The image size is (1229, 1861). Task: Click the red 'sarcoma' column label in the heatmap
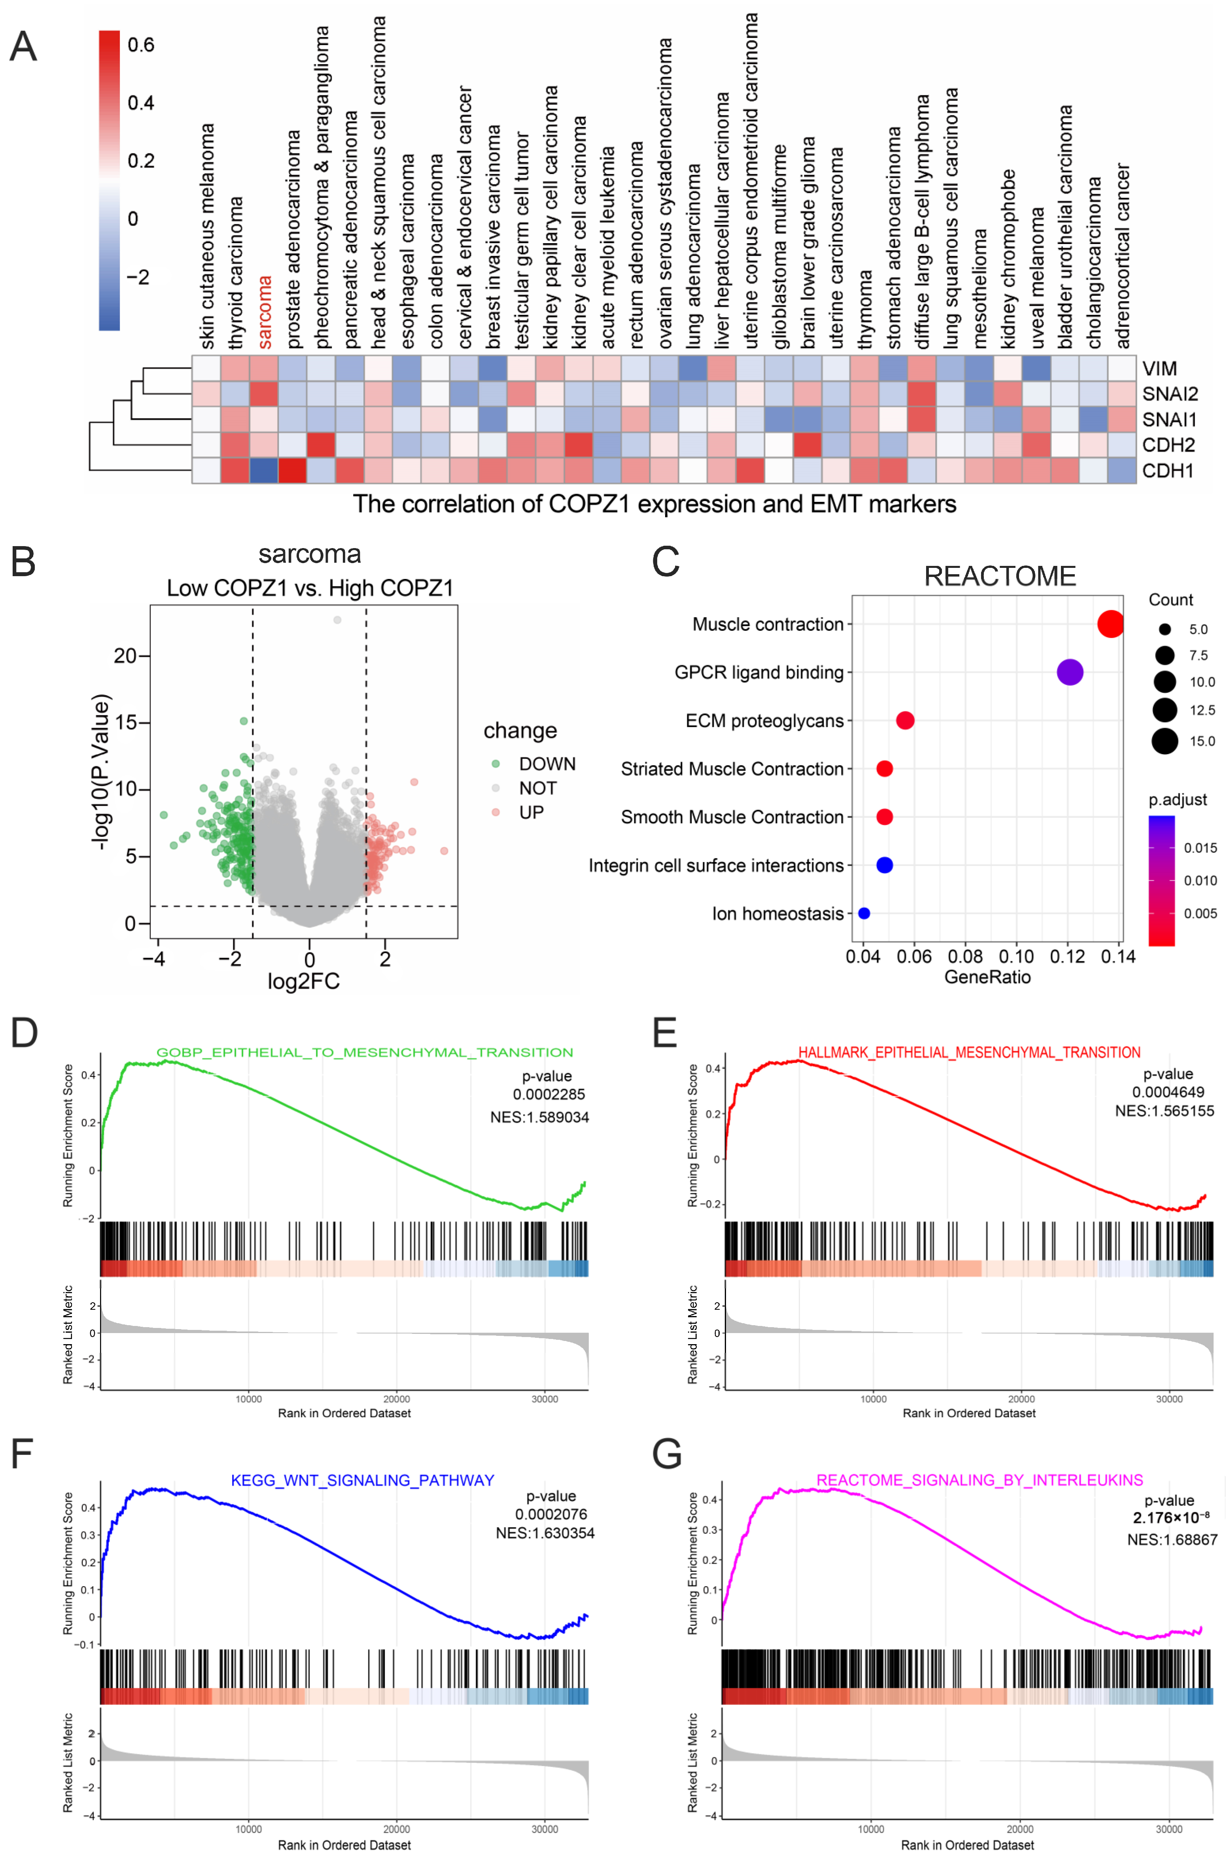(265, 312)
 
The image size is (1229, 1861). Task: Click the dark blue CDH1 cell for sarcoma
(264, 470)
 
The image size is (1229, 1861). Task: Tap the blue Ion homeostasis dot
(864, 913)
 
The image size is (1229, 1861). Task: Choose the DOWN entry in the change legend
(546, 764)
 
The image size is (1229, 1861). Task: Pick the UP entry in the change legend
(531, 812)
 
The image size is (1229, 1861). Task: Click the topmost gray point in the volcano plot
(337, 620)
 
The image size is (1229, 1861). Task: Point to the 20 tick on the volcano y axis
(125, 655)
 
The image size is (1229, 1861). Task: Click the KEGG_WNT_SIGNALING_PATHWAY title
(362, 1480)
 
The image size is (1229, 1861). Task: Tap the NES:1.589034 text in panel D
(539, 1117)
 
